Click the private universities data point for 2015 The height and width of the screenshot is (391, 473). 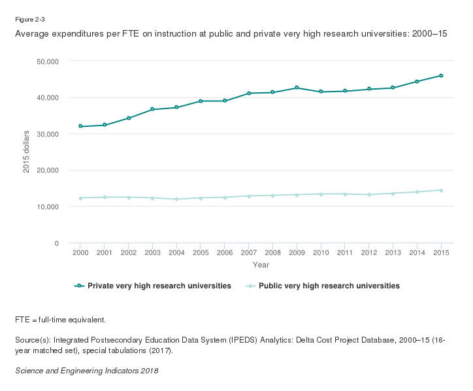[441, 76]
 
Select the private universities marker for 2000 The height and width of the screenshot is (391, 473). [80, 126]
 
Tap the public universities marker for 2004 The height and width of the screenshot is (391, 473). [176, 199]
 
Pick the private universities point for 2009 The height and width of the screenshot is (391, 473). [297, 88]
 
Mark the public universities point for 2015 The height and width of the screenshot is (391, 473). [441, 190]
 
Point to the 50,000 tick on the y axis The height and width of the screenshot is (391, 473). [46, 61]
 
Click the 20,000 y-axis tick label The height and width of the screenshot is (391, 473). [46, 171]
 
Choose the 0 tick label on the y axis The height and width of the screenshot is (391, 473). [57, 243]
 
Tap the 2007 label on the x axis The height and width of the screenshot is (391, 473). [248, 253]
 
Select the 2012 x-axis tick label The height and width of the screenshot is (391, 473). [368, 253]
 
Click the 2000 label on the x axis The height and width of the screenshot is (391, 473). [80, 253]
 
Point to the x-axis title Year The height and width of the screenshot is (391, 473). [261, 265]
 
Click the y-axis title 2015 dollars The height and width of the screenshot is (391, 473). [27, 152]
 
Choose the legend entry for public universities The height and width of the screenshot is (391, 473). [329, 286]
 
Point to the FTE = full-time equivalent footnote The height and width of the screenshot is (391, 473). [60, 320]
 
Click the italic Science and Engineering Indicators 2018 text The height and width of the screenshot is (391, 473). [86, 371]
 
